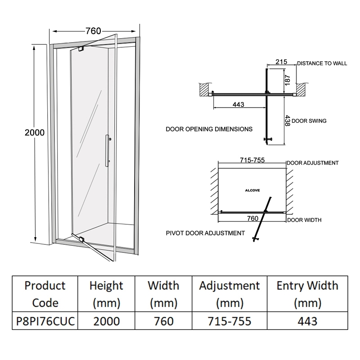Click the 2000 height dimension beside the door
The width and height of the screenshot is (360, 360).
[35, 132]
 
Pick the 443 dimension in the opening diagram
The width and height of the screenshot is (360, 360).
[238, 105]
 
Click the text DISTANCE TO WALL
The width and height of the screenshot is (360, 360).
[322, 63]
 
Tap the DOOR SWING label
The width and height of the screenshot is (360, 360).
[309, 121]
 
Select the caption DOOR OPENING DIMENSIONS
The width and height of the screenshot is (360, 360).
[209, 129]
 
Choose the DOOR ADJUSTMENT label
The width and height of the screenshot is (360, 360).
[312, 163]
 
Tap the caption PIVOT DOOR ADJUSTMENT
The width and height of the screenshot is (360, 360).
[206, 233]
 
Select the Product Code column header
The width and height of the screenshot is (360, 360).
[45, 294]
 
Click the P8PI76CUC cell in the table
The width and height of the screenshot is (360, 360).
[45, 321]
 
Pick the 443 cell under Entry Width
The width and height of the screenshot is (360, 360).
[307, 321]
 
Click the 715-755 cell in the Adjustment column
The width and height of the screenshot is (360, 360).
[229, 321]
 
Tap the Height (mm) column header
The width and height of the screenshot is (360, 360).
[106, 294]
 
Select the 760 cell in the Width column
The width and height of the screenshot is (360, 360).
[163, 321]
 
